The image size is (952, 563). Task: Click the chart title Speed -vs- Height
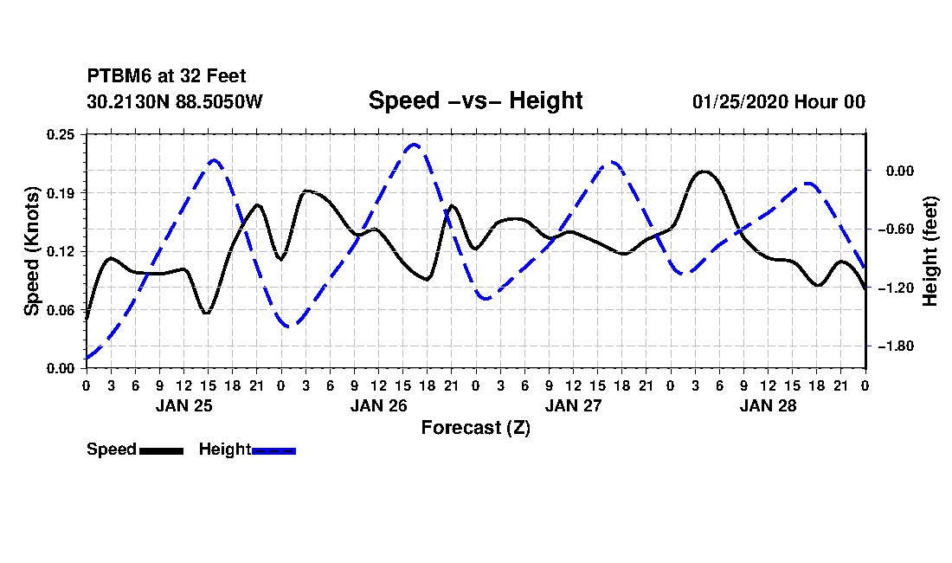click(x=475, y=100)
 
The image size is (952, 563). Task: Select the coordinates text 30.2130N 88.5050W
click(x=175, y=101)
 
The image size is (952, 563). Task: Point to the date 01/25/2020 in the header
click(x=740, y=101)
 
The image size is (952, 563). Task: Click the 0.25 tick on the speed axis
click(x=61, y=134)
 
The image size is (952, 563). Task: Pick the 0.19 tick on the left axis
click(x=61, y=193)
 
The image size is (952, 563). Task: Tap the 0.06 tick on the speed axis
click(x=61, y=310)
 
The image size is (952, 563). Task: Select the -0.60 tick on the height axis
click(x=896, y=229)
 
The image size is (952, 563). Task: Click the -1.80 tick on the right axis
click(x=896, y=346)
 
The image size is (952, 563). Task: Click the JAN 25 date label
click(x=184, y=405)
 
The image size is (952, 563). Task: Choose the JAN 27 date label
click(x=573, y=405)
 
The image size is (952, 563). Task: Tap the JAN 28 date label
click(x=768, y=405)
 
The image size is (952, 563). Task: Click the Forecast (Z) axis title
click(x=476, y=428)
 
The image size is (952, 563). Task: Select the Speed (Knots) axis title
click(x=31, y=251)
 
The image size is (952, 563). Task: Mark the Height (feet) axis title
click(x=929, y=251)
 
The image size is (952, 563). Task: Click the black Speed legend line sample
click(x=162, y=450)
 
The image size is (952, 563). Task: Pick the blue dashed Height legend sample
click(x=273, y=450)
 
